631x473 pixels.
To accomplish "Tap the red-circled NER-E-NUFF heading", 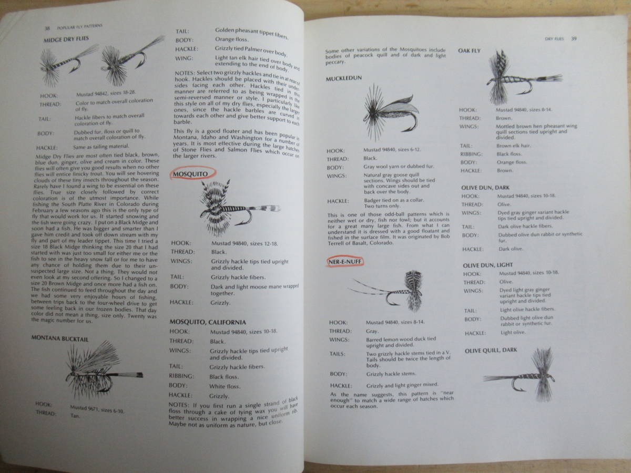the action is (345, 261).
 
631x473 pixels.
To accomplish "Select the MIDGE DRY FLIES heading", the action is (66, 39).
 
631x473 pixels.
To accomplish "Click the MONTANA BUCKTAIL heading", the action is (59, 338).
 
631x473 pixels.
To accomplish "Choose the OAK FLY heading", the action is (469, 50).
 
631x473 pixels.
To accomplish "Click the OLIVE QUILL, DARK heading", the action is (491, 350).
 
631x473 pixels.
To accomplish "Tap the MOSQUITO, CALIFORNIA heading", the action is (208, 322).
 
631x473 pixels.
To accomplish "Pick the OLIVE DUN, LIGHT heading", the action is (487, 265).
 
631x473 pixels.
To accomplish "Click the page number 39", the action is (574, 38).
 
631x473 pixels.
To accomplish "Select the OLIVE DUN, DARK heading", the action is (485, 187).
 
